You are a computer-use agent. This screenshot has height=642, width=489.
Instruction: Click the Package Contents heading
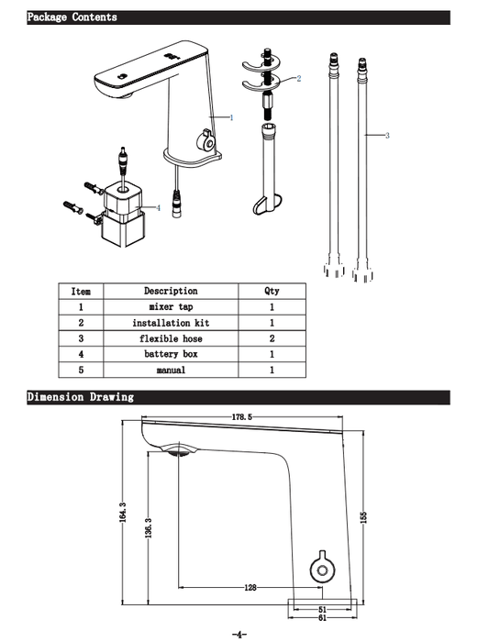click(72, 17)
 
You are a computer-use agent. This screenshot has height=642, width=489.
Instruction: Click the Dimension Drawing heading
click(80, 397)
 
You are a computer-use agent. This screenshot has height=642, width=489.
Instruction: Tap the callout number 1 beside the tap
click(231, 118)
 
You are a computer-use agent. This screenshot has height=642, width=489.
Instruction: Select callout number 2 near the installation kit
click(299, 78)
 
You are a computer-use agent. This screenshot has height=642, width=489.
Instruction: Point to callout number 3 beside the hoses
click(387, 136)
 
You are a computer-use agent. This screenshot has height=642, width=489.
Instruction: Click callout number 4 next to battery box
click(159, 208)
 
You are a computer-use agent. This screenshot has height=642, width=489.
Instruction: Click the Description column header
click(171, 291)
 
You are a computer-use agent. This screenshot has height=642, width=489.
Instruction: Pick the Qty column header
click(272, 291)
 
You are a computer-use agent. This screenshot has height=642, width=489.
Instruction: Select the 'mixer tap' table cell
click(171, 306)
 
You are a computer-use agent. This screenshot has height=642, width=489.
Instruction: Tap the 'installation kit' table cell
click(171, 323)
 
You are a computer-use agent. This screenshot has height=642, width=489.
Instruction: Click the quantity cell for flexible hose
click(272, 338)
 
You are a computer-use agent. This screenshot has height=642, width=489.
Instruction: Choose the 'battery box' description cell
click(171, 354)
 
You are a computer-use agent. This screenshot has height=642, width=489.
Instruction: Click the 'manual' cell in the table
click(171, 371)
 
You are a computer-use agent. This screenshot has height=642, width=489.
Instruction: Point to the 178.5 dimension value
click(242, 417)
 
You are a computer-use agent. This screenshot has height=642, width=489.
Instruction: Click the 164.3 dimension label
click(122, 512)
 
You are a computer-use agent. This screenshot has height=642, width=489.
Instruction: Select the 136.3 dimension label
click(149, 527)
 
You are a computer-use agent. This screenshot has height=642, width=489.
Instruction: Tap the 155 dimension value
click(363, 517)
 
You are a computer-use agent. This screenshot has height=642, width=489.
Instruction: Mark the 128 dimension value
click(250, 588)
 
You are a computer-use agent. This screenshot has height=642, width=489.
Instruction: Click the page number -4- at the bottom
click(239, 635)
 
